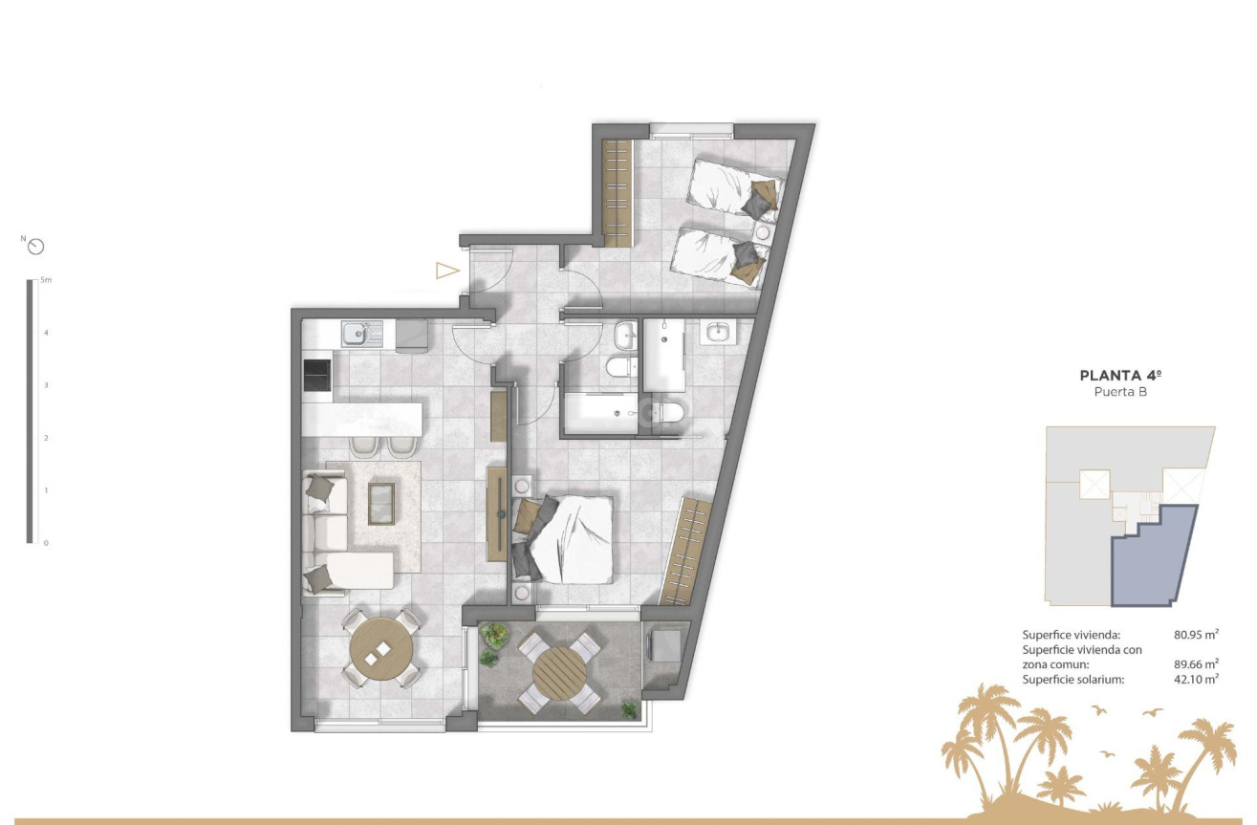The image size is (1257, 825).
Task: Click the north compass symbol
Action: (x=36, y=247)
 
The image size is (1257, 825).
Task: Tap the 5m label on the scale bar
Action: (x=46, y=281)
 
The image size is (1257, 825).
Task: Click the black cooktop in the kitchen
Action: (x=317, y=375)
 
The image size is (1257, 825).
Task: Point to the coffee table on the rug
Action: (x=380, y=503)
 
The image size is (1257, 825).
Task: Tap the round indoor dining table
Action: (x=381, y=648)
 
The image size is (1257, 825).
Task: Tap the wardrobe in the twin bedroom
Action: (x=618, y=192)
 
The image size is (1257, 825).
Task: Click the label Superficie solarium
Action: (x=1072, y=680)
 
